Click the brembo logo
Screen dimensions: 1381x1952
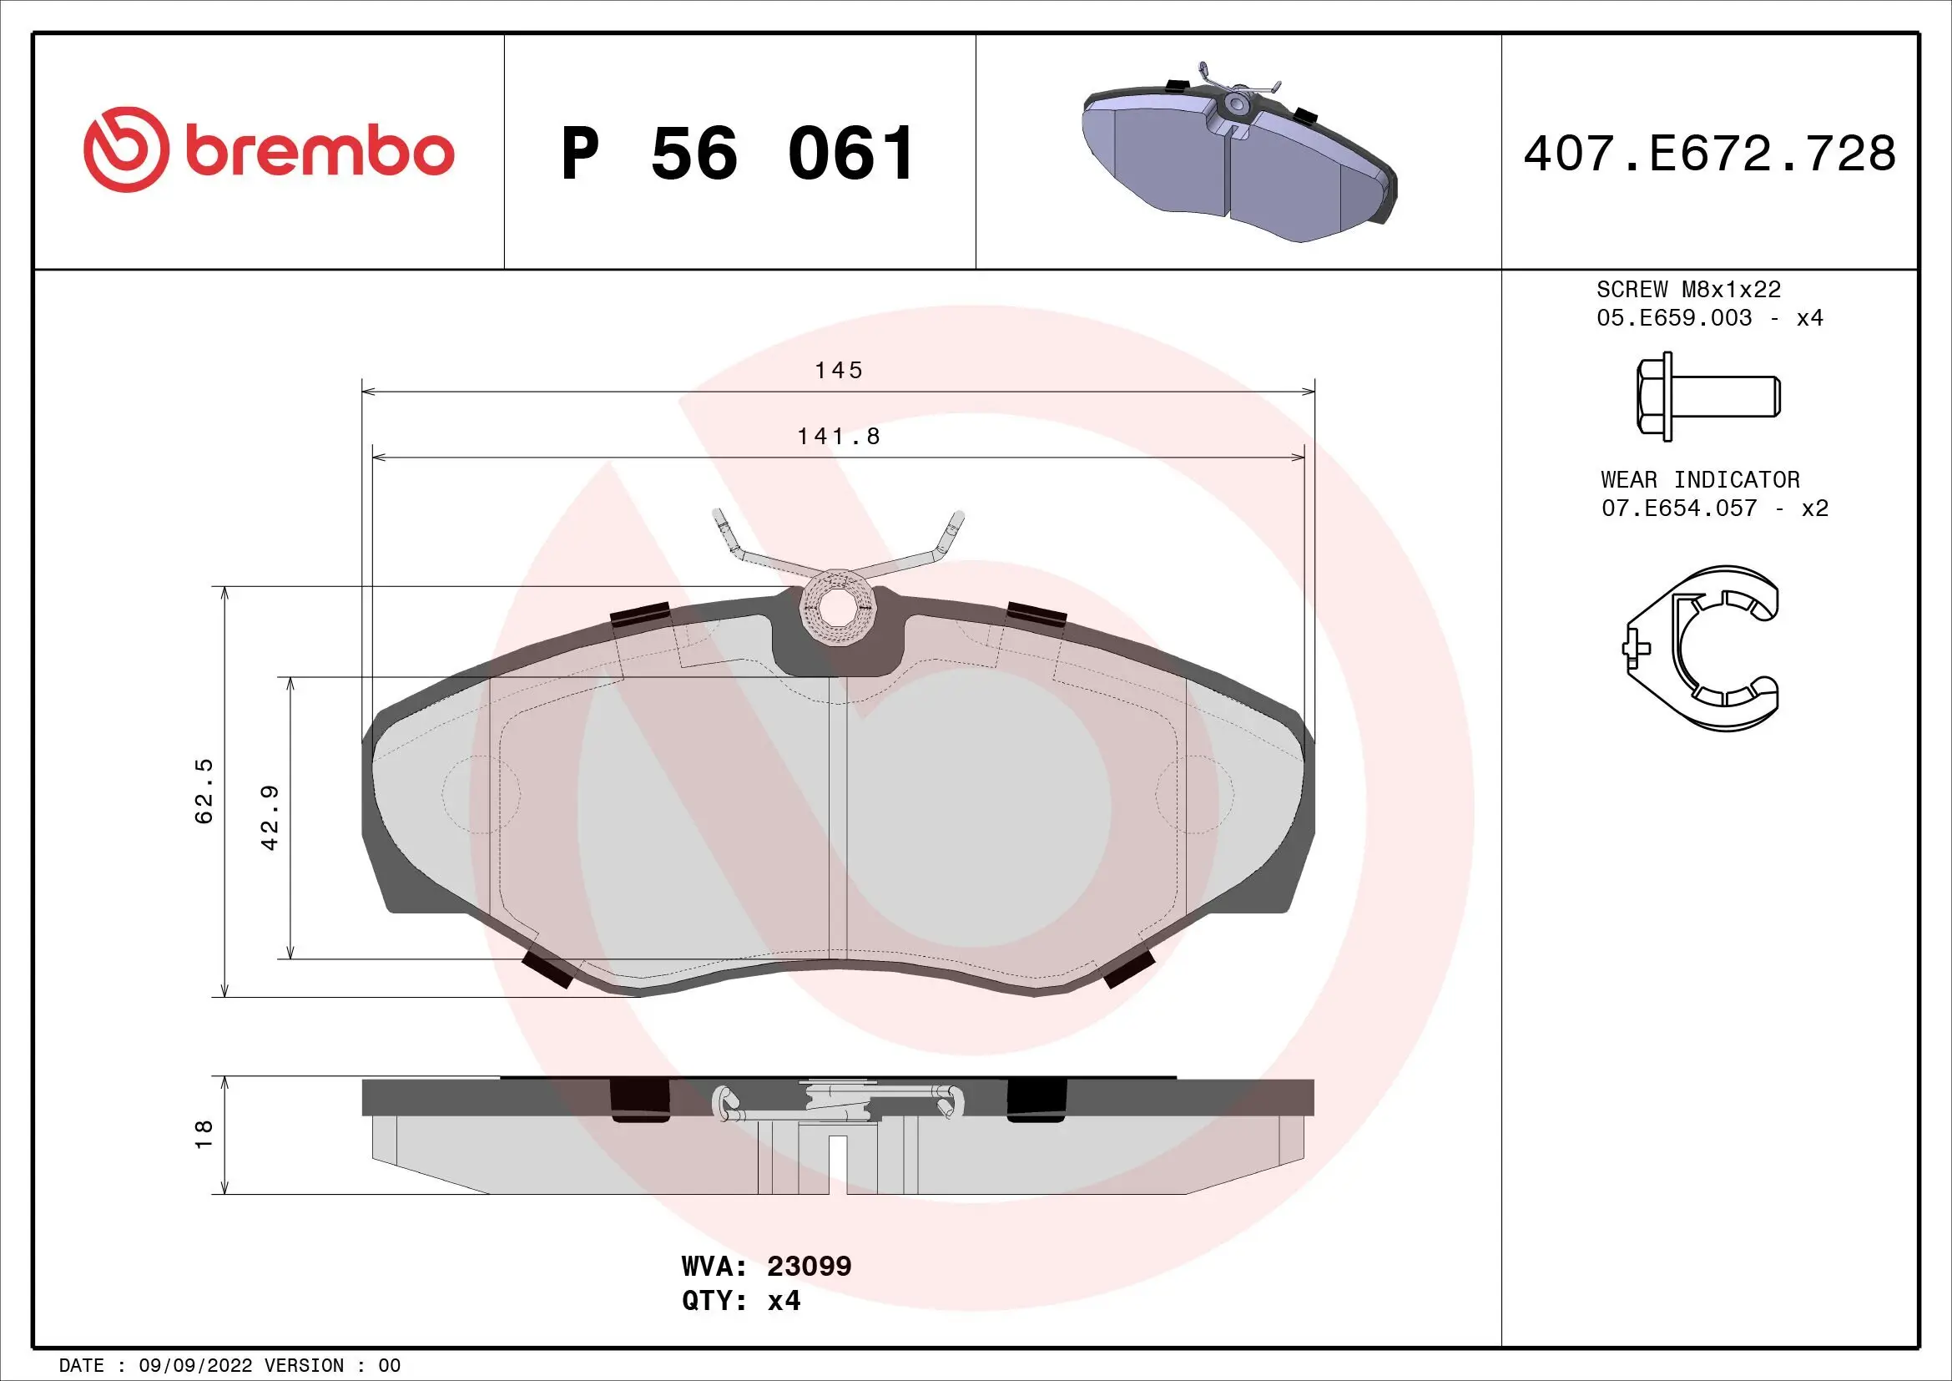(x=269, y=150)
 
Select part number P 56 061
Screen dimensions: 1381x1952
(x=736, y=154)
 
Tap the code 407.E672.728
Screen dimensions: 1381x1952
(x=1709, y=154)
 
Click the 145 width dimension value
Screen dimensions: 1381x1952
(x=838, y=371)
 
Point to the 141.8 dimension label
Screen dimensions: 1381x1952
(x=838, y=436)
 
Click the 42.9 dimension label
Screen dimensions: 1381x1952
(x=270, y=817)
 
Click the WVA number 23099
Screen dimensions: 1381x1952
(x=809, y=1267)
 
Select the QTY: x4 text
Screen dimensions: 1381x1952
(x=740, y=1301)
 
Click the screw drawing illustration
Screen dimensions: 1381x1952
(x=1707, y=398)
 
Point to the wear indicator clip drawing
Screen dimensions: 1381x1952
(x=1703, y=648)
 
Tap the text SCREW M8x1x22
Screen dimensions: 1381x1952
(x=1687, y=290)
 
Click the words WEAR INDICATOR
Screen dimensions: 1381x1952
(x=1699, y=479)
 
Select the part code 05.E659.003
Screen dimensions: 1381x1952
(x=1673, y=318)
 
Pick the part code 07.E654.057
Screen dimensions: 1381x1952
(x=1678, y=508)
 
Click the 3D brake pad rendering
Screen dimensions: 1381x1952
(x=1238, y=153)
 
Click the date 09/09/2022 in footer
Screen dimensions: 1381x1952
(x=194, y=1366)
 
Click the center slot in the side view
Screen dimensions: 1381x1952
(x=838, y=1165)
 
